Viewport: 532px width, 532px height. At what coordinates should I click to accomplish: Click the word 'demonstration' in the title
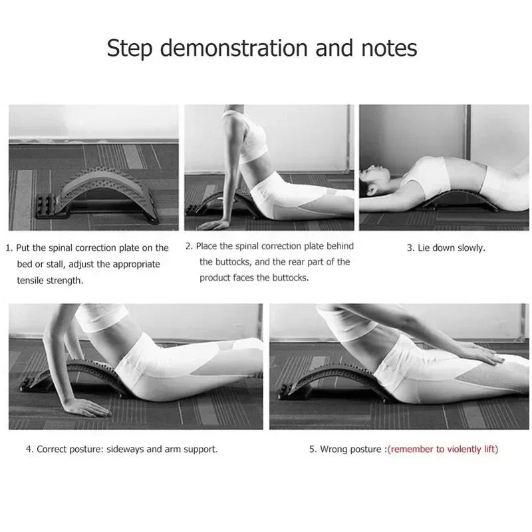point(227,49)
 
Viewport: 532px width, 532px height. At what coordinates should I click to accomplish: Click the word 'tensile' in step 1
point(31,281)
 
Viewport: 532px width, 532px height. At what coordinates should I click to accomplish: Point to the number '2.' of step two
point(190,246)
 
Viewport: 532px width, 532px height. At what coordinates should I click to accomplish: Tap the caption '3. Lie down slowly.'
point(446,248)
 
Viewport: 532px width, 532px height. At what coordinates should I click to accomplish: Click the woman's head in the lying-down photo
point(376,181)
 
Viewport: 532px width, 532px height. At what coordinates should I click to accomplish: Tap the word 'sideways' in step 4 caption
point(125,450)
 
